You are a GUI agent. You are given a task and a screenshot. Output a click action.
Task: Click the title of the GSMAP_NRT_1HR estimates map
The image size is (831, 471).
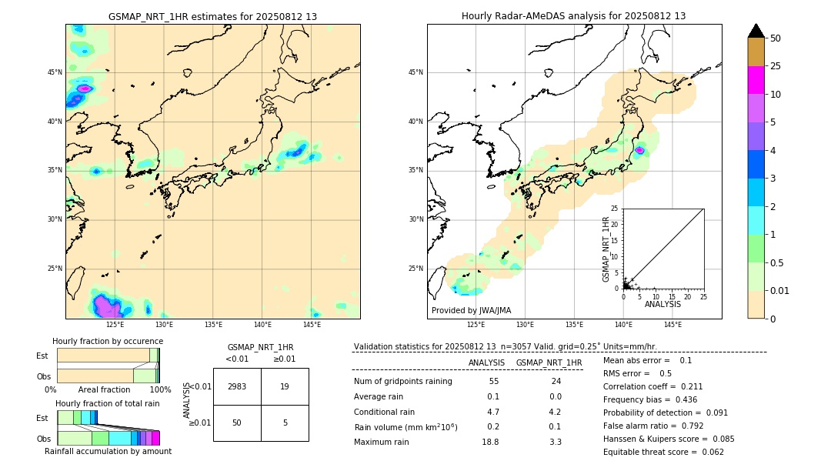coord(212,16)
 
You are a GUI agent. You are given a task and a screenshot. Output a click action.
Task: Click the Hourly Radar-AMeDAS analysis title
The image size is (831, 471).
coord(573,16)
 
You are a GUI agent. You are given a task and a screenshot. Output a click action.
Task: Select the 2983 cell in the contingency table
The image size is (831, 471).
coord(237,386)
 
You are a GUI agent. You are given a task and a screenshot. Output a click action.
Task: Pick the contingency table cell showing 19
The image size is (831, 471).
coord(285,386)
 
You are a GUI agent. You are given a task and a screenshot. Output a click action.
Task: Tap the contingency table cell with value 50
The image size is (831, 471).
coord(237,423)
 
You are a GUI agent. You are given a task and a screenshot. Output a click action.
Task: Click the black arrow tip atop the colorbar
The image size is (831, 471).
coord(756,29)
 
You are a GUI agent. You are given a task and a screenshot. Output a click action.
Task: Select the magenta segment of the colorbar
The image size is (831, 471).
coord(756,80)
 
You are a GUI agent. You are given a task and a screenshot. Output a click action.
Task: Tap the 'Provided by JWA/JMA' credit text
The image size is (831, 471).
coord(471,310)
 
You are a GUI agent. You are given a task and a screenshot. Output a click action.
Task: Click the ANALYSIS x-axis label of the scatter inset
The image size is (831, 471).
coord(662,304)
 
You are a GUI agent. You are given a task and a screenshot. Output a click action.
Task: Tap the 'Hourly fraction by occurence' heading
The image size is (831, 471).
coord(108,341)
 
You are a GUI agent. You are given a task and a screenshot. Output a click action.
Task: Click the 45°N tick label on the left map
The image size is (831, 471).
coord(55,72)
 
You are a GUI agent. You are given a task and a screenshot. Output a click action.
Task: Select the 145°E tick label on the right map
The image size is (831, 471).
coord(672,325)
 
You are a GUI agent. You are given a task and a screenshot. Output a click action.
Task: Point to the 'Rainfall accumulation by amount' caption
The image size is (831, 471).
coord(108,451)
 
